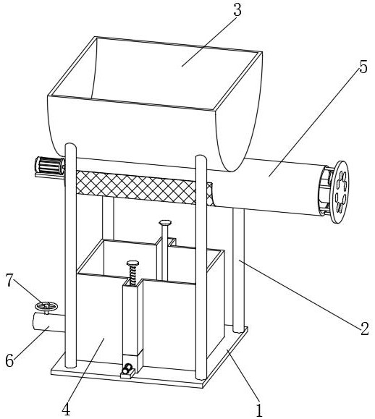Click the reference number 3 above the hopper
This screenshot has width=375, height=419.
pos(237,10)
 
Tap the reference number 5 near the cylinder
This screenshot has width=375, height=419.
pos(363,67)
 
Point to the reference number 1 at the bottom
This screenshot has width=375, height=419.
pos(259,410)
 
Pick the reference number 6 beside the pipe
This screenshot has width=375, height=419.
pos(9,361)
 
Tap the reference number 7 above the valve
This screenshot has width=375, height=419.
pos(10,281)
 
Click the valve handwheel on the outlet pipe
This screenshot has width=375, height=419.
pos(46,306)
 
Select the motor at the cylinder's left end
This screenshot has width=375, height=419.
pos(50,166)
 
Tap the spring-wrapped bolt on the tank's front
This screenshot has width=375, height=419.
pos(132,273)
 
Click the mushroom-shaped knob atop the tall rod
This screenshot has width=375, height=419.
pos(165,222)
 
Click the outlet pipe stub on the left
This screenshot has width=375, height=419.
pos(49,323)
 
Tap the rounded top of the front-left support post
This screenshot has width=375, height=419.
pos(70,146)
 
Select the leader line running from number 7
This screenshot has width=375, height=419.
pos(27,292)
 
